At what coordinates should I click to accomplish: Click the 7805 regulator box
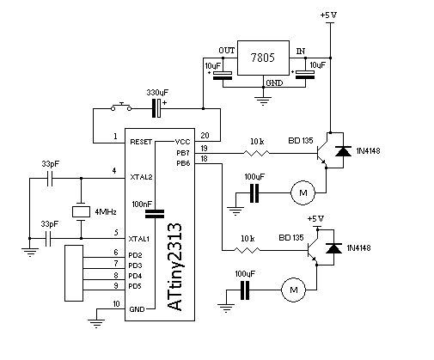click(263, 58)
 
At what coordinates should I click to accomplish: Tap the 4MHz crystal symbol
click(81, 211)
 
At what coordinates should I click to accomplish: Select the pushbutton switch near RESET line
click(121, 107)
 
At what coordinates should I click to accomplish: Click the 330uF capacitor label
click(157, 93)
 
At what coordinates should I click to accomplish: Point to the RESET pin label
click(141, 142)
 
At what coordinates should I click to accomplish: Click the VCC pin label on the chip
click(182, 142)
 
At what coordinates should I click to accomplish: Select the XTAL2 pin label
click(141, 177)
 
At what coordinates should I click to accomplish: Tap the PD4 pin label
click(135, 276)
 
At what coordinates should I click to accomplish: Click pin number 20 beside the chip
click(205, 135)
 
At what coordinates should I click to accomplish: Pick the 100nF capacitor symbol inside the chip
click(155, 214)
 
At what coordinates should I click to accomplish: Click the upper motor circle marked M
click(303, 192)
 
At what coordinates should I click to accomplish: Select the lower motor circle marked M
click(293, 290)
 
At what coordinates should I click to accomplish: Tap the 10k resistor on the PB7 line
click(256, 153)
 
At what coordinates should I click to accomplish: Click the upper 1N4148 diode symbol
click(343, 151)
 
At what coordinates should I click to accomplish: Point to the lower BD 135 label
click(291, 237)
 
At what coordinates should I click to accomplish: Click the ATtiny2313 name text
click(174, 266)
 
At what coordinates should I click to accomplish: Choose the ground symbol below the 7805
click(263, 101)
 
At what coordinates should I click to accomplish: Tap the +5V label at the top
click(328, 15)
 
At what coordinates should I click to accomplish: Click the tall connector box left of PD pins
click(74, 273)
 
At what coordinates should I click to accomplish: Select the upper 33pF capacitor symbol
click(50, 178)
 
